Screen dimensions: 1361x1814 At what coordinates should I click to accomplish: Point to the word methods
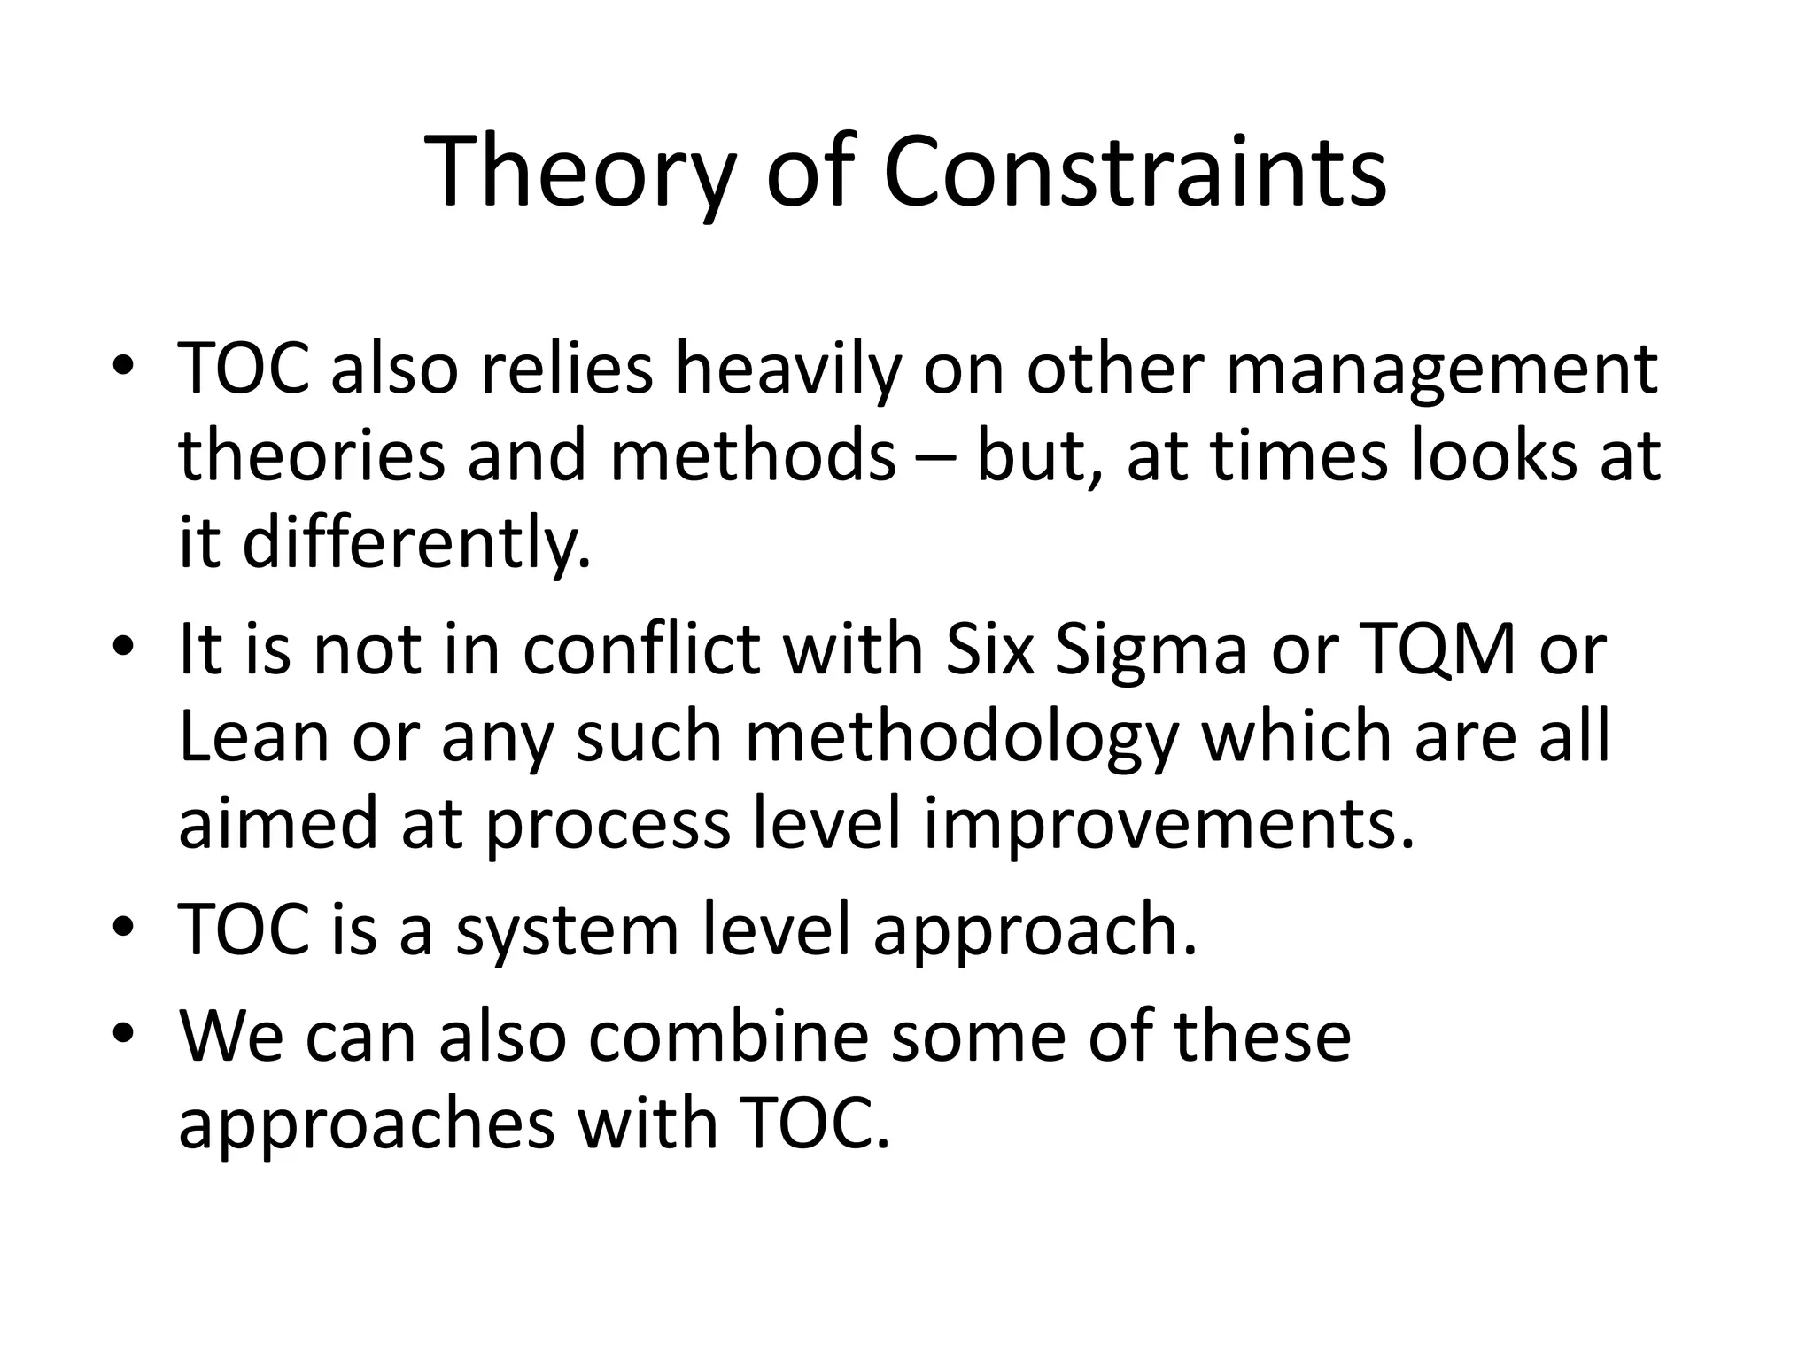pos(752,455)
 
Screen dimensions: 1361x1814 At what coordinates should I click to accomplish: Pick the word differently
pos(416,542)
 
